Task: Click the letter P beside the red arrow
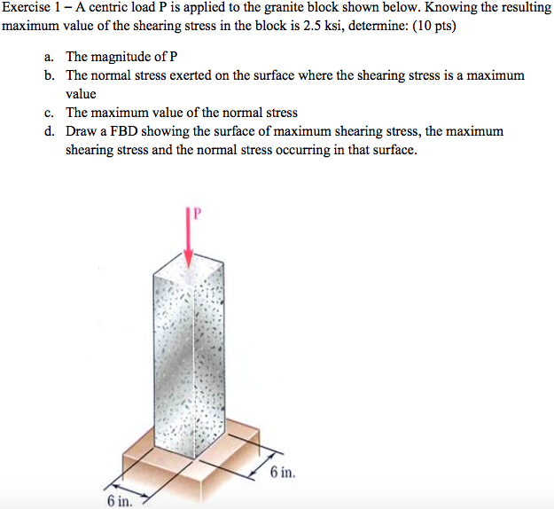(199, 213)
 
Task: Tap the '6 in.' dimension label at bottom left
(119, 501)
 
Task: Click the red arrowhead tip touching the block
(188, 262)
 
